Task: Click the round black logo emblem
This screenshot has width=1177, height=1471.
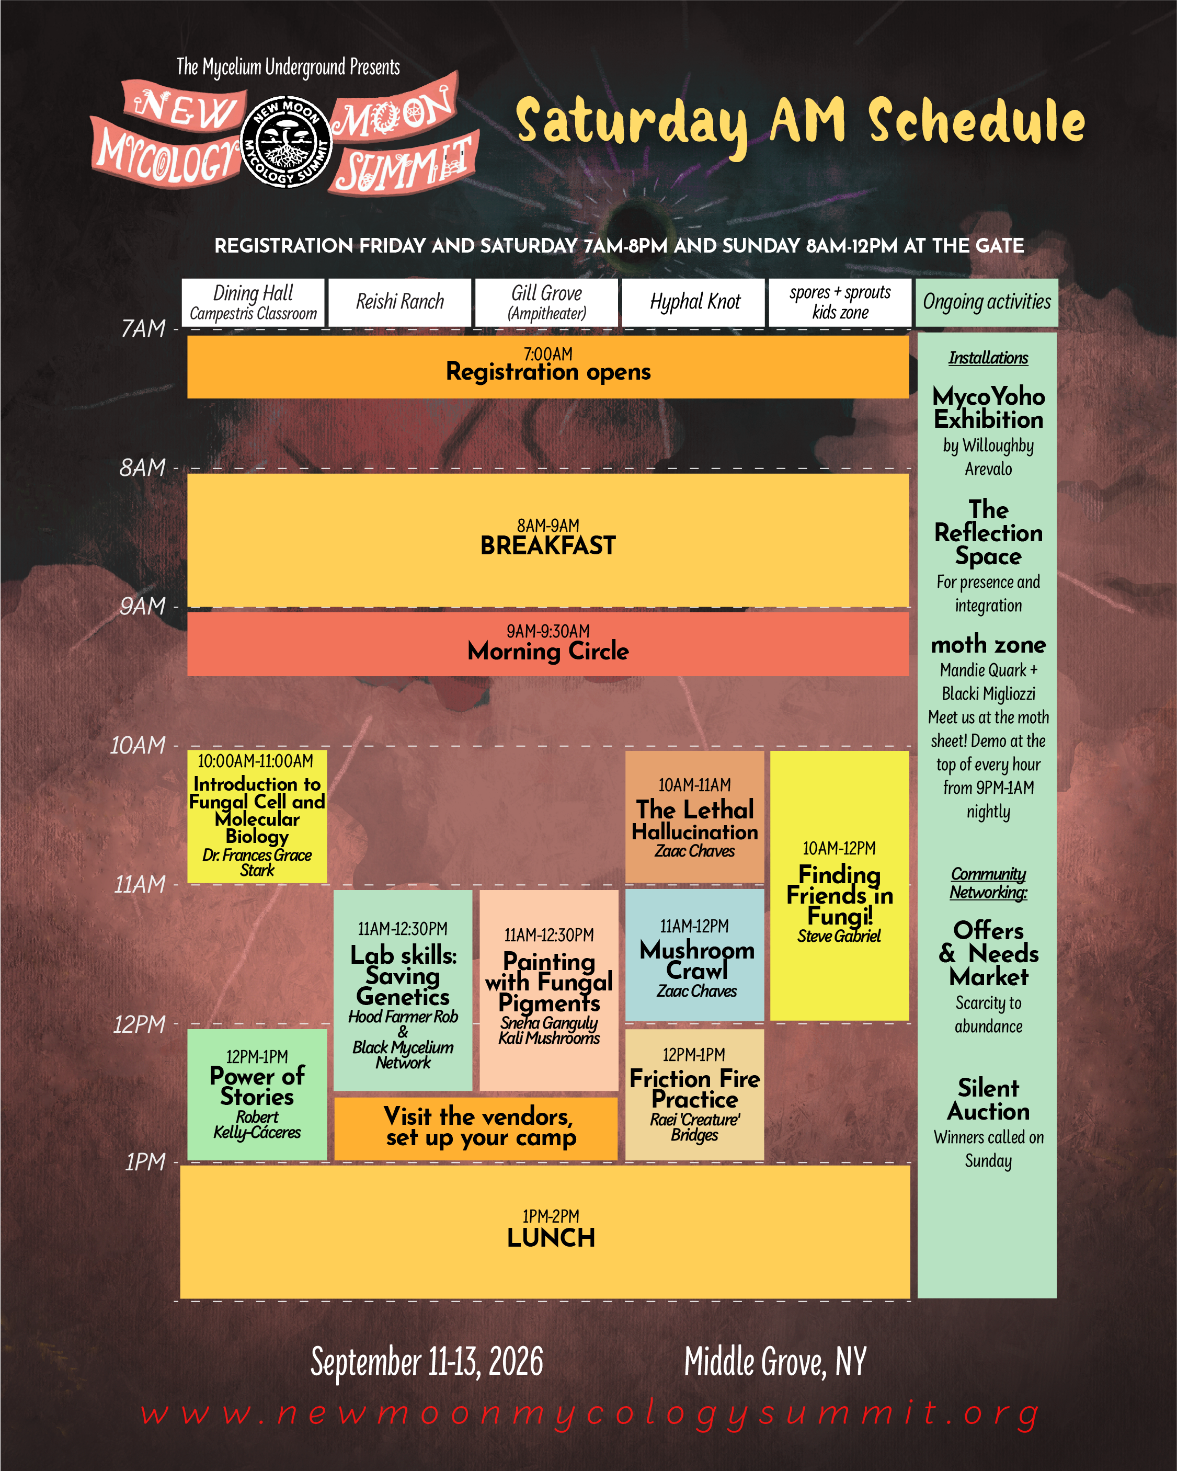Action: click(287, 141)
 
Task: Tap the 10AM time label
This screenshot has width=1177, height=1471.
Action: click(139, 745)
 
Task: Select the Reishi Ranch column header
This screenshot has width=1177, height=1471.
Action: click(400, 302)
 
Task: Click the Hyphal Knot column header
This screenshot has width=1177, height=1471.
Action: click(694, 302)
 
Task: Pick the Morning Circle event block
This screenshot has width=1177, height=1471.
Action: click(548, 644)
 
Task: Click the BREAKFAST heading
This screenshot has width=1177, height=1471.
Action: click(548, 546)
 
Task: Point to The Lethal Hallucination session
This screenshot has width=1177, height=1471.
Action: click(694, 817)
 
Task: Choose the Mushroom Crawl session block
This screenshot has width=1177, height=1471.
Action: click(694, 955)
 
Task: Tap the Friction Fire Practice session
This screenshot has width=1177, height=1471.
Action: click(694, 1094)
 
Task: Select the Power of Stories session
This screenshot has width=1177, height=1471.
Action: click(257, 1094)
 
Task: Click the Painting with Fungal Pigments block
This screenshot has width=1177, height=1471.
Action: click(549, 990)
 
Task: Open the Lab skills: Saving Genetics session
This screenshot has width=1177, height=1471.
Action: click(403, 990)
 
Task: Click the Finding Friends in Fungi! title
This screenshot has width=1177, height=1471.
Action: click(840, 895)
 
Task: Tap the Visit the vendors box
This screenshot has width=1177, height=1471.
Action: click(476, 1128)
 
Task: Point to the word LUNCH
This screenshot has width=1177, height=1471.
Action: click(551, 1238)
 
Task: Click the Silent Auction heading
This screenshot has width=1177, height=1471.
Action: click(988, 1100)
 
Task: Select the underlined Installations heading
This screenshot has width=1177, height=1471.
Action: click(988, 358)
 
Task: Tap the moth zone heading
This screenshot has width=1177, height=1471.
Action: click(988, 644)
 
